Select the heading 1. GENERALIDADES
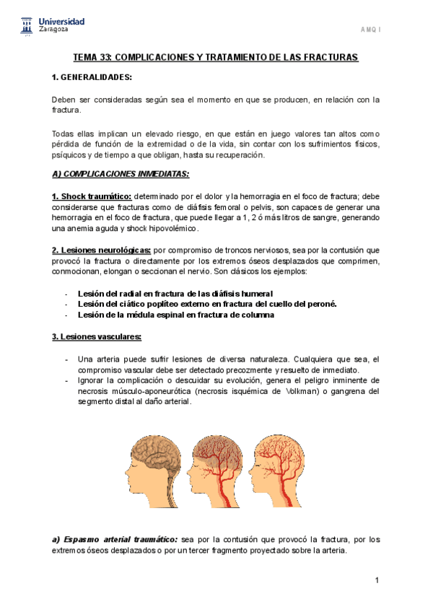[x=92, y=77]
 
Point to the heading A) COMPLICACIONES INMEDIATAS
[x=121, y=174]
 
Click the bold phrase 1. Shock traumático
[x=92, y=196]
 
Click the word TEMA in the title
[x=87, y=57]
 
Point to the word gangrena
[x=344, y=391]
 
